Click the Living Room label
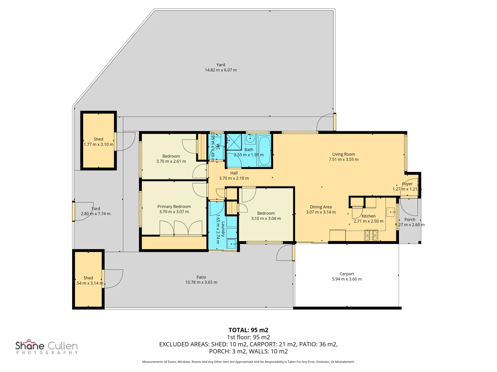[x=343, y=154]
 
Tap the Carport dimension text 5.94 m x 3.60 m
[x=347, y=279]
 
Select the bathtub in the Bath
[x=265, y=151]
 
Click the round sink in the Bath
[x=250, y=139]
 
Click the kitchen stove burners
[x=371, y=236]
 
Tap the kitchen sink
[x=390, y=212]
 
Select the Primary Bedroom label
[x=174, y=207]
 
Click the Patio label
[x=201, y=277]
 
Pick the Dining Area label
[x=321, y=207]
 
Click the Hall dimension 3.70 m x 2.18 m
[x=234, y=178]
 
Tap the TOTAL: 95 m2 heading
[x=248, y=330]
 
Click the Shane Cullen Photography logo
[x=47, y=347]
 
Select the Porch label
[x=410, y=219]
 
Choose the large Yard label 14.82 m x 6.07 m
[x=221, y=67]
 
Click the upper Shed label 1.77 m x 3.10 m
[x=98, y=142]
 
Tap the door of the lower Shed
[x=103, y=279]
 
